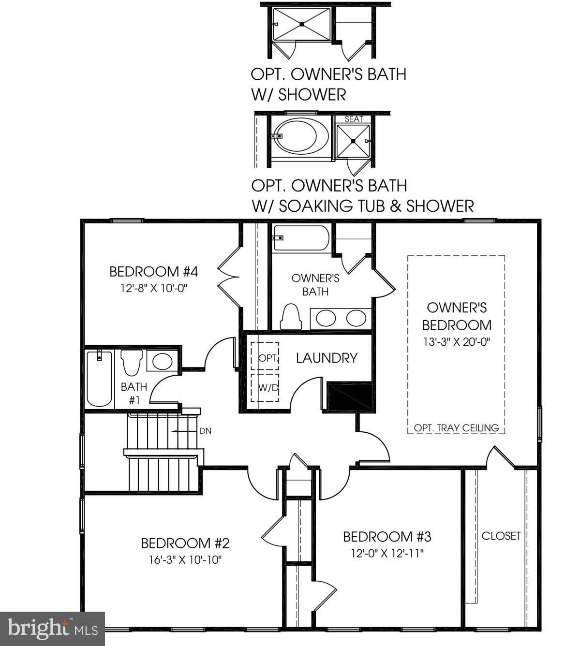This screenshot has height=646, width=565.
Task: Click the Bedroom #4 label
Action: [153, 271]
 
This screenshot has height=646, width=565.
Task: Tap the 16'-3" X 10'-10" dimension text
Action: [185, 560]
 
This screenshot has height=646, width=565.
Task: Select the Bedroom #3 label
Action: [387, 537]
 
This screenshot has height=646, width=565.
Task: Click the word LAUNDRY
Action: [327, 358]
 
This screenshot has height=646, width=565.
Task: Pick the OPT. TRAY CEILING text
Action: [456, 428]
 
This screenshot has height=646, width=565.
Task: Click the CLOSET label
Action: [501, 536]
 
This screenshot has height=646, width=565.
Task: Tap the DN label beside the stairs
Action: [205, 431]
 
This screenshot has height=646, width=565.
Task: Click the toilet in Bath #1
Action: [131, 362]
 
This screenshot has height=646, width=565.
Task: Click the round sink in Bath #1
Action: [162, 361]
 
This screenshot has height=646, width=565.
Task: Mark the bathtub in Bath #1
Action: [99, 379]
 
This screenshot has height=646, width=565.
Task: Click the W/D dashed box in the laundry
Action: [265, 387]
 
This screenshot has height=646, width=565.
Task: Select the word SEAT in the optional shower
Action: [354, 119]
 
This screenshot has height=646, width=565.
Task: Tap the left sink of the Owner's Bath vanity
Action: [326, 318]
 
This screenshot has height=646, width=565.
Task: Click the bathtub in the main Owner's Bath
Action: [301, 238]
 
